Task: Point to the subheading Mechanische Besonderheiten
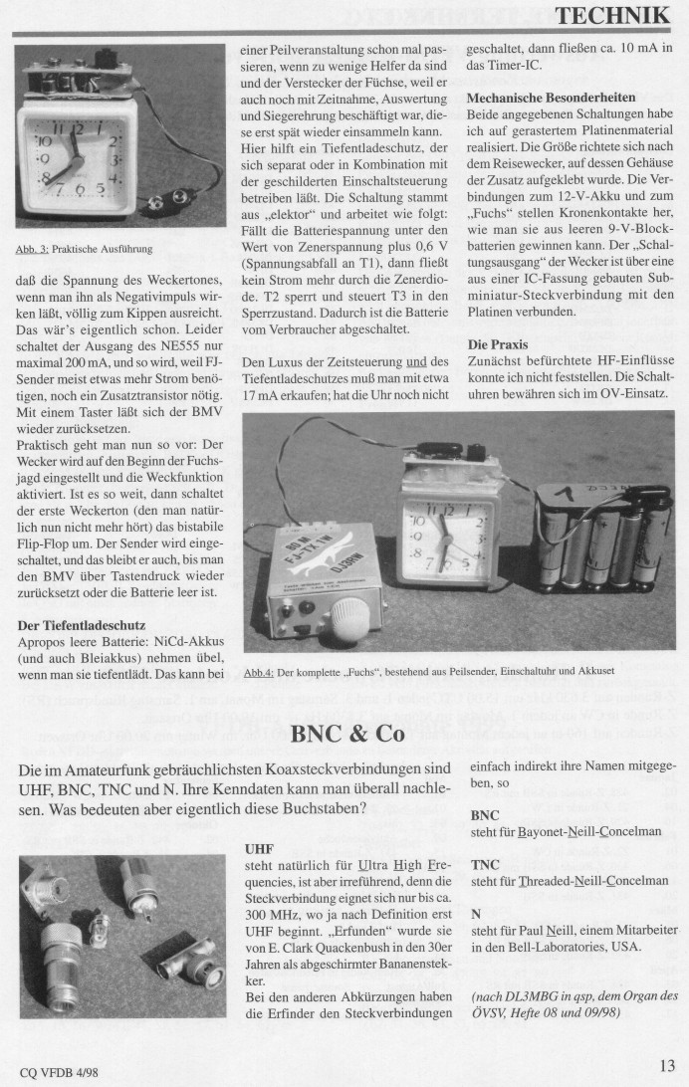click(x=554, y=99)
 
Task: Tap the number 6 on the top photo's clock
click(x=83, y=189)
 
